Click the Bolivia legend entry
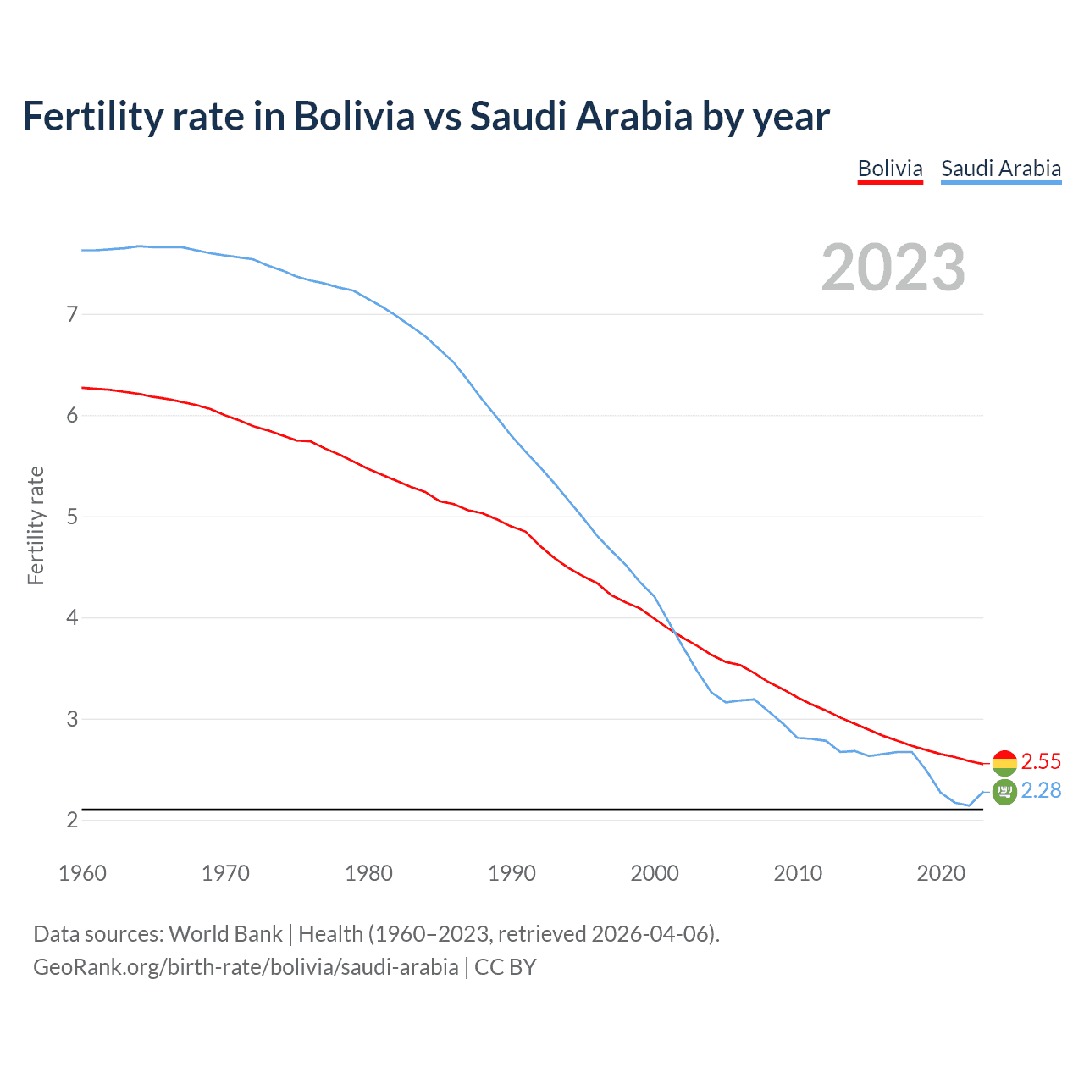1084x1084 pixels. point(889,169)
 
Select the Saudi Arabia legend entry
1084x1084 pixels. point(1000,169)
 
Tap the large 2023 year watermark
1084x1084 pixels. point(893,268)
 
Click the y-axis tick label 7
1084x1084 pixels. point(72,314)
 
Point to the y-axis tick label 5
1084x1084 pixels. point(72,517)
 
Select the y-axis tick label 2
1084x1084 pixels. point(72,820)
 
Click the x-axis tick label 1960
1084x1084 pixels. point(82,873)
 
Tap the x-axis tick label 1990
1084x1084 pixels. point(512,873)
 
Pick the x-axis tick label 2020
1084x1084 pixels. point(941,873)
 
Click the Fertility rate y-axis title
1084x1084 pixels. point(36,525)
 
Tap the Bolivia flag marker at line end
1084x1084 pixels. point(1004,763)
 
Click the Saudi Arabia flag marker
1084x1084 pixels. point(1004,793)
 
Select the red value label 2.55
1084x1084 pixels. point(1041,761)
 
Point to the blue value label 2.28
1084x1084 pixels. point(1041,790)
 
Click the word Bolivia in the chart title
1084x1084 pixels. point(354,116)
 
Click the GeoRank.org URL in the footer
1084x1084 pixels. point(246,967)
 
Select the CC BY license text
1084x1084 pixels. point(506,967)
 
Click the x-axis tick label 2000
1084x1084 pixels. point(655,873)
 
